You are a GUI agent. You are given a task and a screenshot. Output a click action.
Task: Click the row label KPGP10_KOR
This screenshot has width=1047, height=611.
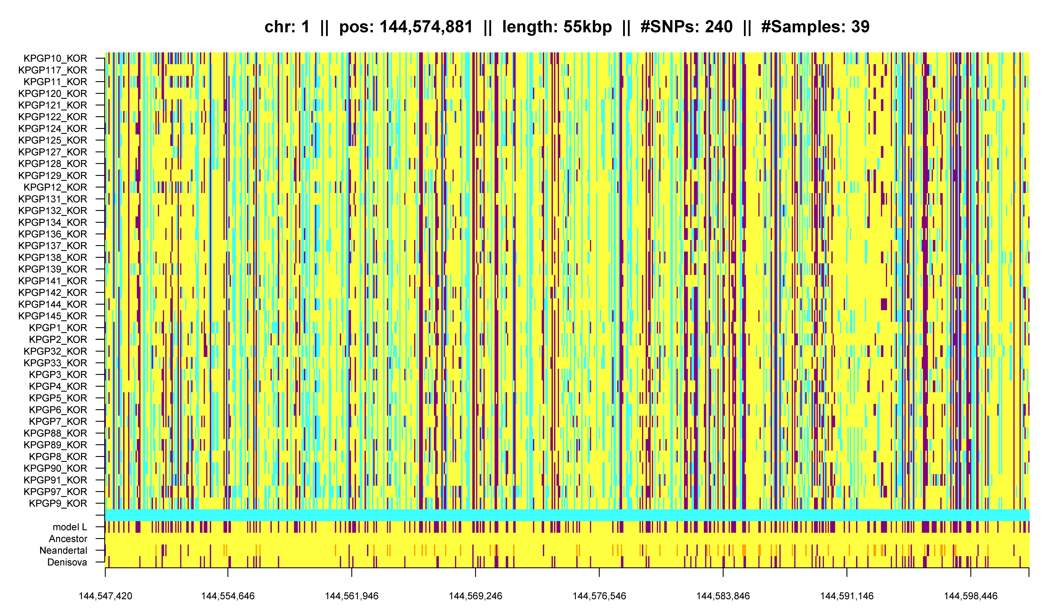[55, 58]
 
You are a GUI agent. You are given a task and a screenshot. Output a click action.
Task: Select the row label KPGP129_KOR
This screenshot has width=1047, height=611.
[53, 175]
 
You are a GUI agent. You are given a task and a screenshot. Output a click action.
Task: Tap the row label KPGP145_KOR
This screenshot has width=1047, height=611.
[53, 316]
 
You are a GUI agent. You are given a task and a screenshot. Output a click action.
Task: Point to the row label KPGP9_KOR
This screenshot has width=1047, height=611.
[58, 503]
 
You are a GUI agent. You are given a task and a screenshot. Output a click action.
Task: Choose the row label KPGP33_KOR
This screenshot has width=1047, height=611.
[55, 363]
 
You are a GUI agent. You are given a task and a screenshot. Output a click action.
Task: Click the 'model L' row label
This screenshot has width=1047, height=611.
[70, 527]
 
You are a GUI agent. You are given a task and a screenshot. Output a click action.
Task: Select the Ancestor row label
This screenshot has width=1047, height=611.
[68, 539]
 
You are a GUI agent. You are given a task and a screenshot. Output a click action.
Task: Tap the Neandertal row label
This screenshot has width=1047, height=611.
[63, 550]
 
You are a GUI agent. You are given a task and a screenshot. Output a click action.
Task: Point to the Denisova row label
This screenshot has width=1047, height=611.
[67, 562]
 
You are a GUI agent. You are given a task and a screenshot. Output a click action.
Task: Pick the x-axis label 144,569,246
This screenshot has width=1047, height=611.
[475, 596]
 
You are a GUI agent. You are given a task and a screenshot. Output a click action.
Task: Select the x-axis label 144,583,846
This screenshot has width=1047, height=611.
[723, 596]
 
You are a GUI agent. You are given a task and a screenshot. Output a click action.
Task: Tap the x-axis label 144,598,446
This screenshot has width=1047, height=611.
[971, 596]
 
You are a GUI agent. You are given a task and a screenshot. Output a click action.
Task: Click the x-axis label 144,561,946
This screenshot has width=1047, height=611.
[351, 596]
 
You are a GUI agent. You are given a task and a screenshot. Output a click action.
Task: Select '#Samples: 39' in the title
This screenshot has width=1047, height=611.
[815, 27]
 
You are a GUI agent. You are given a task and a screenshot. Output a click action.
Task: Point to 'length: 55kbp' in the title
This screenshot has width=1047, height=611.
[557, 27]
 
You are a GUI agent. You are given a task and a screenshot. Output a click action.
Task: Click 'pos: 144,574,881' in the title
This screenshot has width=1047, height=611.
[406, 27]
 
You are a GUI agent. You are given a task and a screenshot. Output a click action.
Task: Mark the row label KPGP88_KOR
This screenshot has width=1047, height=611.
[55, 433]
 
